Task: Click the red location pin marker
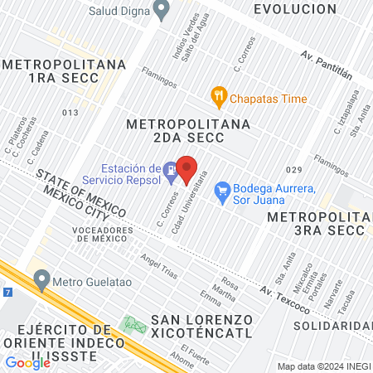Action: [186, 168]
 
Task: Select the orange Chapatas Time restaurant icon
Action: [219, 98]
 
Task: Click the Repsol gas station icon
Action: [171, 171]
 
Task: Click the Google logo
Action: [27, 362]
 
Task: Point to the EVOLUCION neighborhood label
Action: [294, 9]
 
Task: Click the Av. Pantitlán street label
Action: [326, 66]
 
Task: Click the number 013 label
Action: [70, 112]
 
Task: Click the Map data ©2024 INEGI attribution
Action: [322, 366]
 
